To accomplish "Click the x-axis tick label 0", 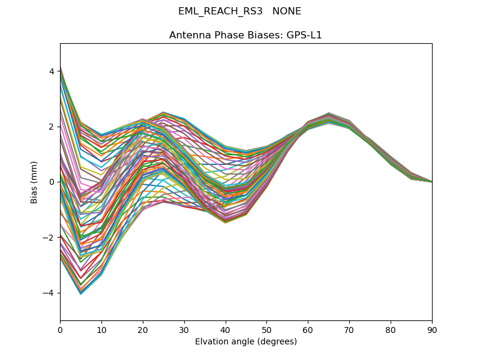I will [x=60, y=329].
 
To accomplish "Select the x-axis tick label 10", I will [x=101, y=329].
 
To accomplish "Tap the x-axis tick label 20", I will [x=143, y=329].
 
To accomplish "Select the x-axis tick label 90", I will [x=432, y=329].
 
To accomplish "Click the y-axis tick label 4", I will [x=52, y=71].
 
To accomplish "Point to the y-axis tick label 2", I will [x=52, y=127].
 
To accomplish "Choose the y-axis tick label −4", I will [x=49, y=293].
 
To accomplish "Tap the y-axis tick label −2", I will [x=49, y=238].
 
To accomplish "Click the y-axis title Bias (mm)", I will [x=35, y=182].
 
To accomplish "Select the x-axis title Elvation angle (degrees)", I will [x=246, y=341].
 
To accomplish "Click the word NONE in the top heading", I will [x=287, y=11].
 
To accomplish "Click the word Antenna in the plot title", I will [x=188, y=35].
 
